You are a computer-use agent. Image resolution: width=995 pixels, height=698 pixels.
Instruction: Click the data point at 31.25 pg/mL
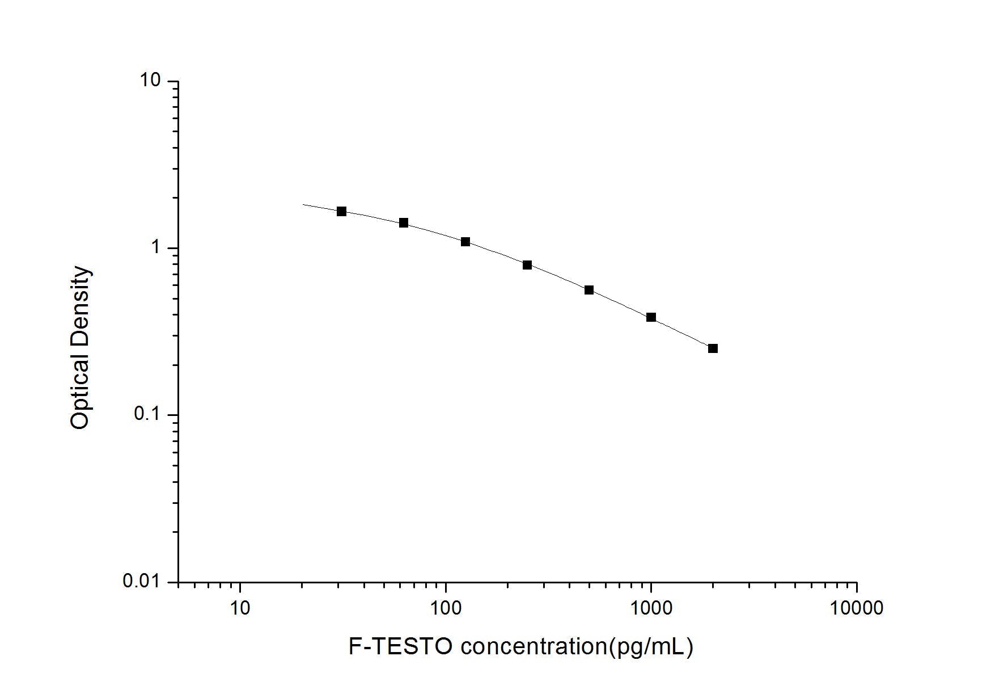[341, 212]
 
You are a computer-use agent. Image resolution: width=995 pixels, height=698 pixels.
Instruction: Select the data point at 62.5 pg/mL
[404, 223]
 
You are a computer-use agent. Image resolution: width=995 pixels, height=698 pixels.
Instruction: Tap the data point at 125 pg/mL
[465, 242]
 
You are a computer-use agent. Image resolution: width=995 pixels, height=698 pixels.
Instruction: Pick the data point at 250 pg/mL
[527, 265]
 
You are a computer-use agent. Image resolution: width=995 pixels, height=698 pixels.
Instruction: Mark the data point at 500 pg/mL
[589, 290]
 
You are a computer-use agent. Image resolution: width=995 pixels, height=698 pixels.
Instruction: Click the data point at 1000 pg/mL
[651, 317]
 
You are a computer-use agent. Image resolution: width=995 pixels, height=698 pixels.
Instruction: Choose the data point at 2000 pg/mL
[713, 348]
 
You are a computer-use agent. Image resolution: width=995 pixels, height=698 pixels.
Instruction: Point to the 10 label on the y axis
[151, 81]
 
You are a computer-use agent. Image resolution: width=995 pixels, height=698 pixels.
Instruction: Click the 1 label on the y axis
[155, 247]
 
